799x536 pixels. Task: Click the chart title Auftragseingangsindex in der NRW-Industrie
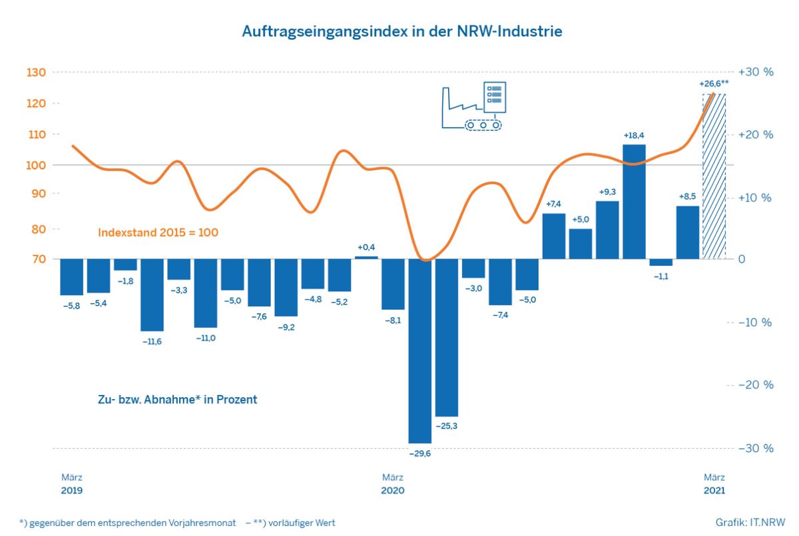click(402, 31)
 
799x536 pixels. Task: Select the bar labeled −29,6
click(420, 351)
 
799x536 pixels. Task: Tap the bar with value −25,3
click(447, 338)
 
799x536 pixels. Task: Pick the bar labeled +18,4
click(634, 201)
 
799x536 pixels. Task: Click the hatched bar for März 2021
click(714, 176)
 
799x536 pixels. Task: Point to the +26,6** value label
click(714, 84)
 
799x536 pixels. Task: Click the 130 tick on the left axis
click(37, 72)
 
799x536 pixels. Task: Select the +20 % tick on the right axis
click(756, 134)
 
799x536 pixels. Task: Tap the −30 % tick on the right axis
click(756, 448)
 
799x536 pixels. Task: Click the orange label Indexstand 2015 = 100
click(158, 233)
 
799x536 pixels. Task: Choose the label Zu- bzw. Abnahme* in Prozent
click(177, 400)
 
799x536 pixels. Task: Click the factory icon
click(474, 106)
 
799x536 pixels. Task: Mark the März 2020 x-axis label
click(393, 483)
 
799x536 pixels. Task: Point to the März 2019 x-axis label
click(72, 483)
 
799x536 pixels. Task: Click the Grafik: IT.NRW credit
click(750, 523)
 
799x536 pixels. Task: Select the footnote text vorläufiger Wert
click(302, 523)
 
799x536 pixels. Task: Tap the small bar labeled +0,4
click(366, 257)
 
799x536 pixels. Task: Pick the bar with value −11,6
click(152, 295)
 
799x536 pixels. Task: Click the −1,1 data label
click(661, 277)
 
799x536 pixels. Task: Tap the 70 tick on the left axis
click(39, 259)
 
